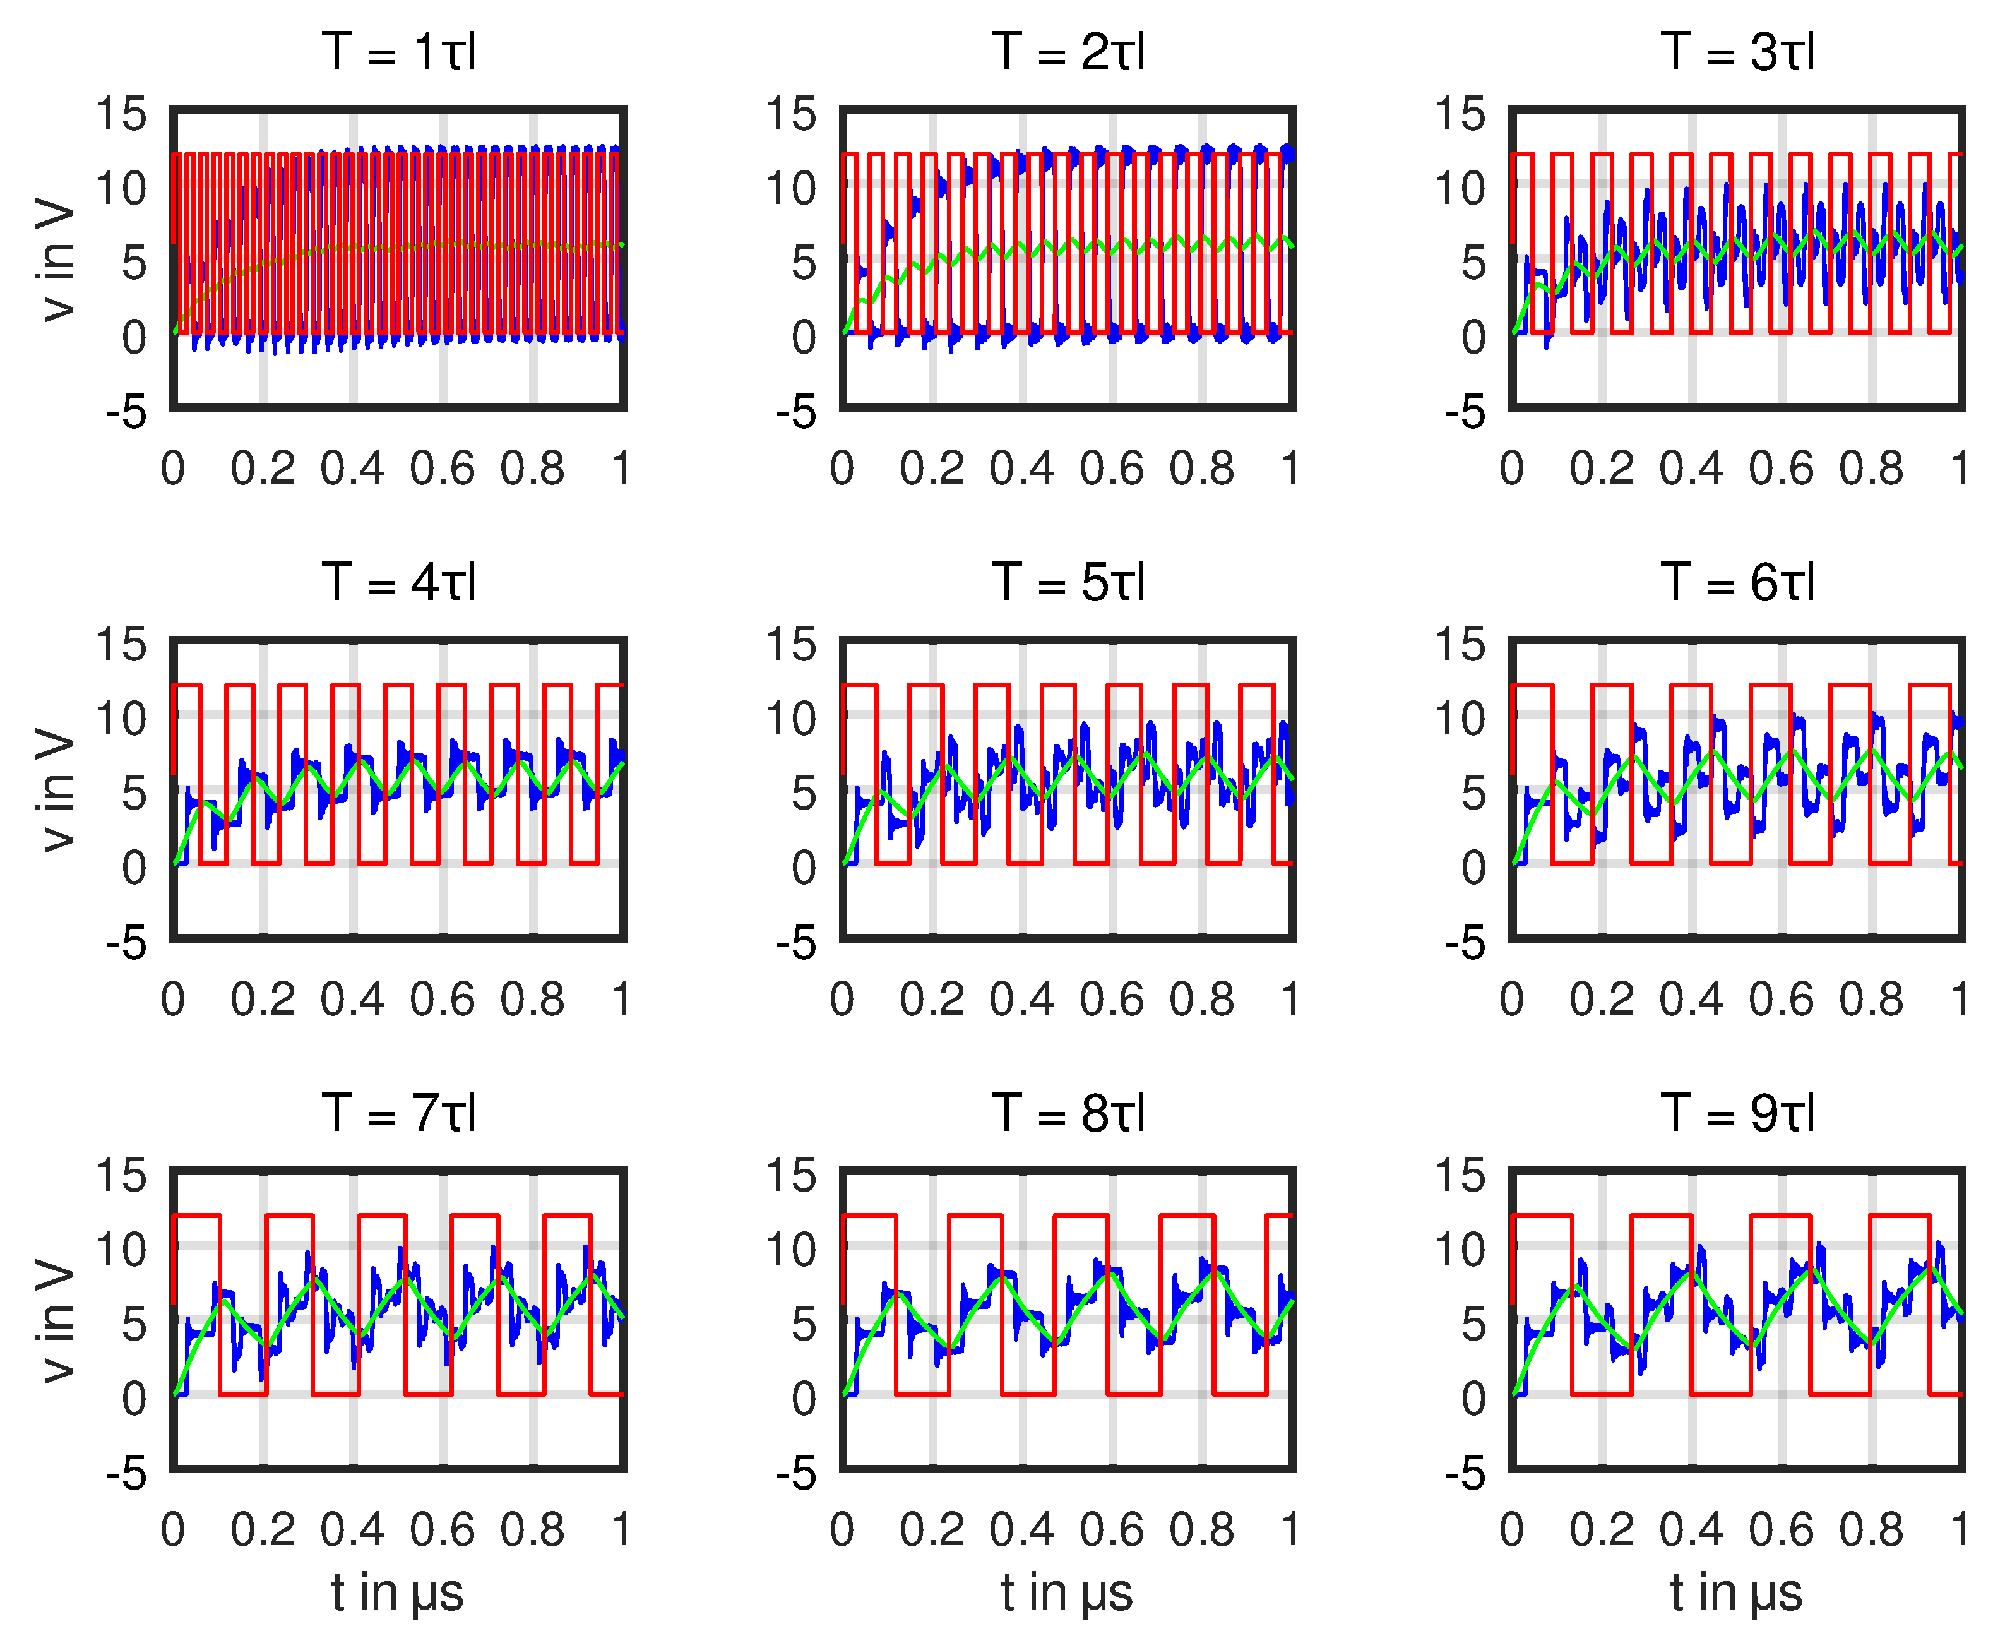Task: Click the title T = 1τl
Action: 398,52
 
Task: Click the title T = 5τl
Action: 1068,582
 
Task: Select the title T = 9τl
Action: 1737,1113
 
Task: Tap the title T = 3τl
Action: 1737,52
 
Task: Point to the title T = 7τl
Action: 398,1113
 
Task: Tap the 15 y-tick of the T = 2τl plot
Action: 791,114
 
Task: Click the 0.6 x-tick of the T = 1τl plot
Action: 442,469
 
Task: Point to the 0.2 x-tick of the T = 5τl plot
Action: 932,1000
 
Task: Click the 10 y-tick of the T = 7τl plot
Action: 122,1249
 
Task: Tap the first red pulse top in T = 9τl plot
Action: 1542,1216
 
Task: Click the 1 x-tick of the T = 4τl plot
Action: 621,1000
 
